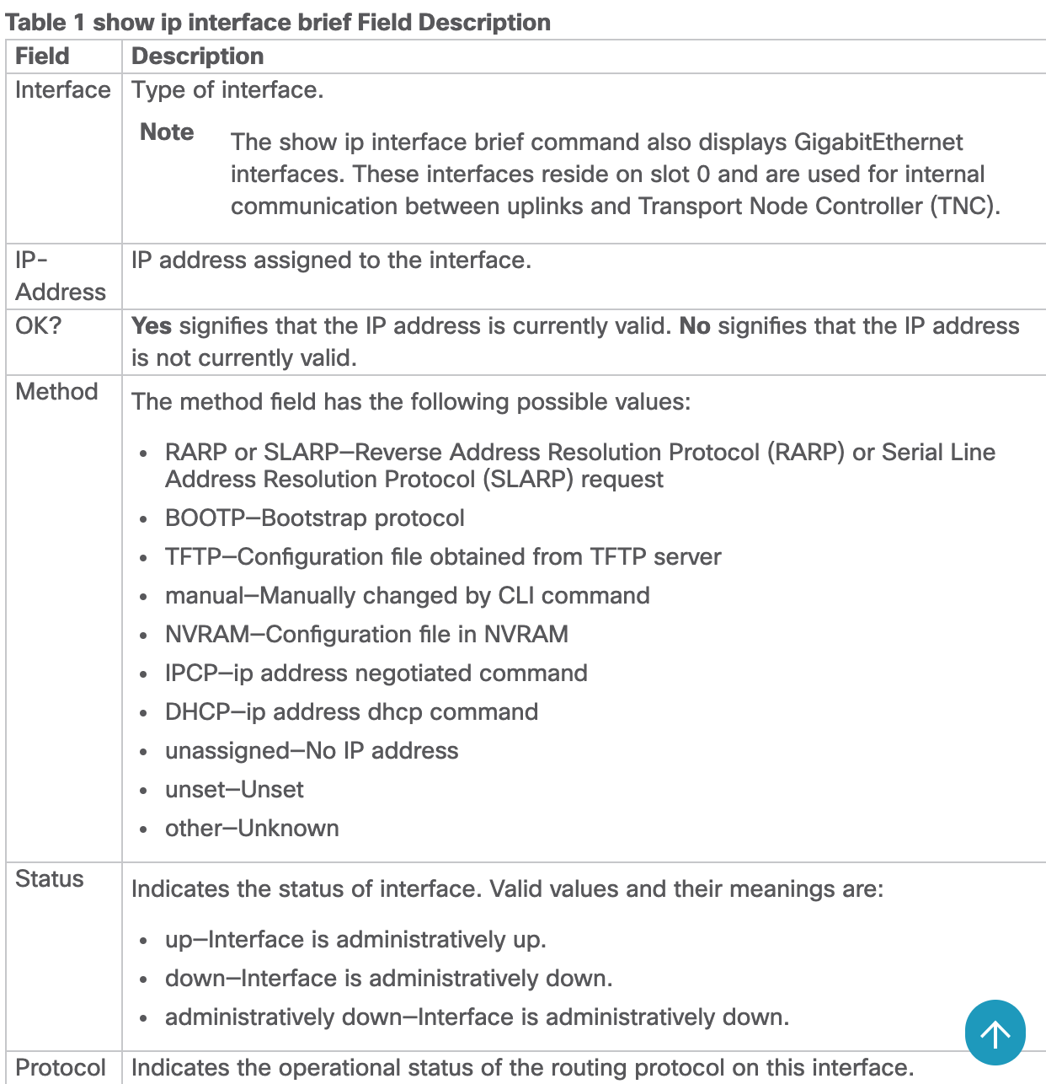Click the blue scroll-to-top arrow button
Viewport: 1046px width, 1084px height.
pyautogui.click(x=995, y=1033)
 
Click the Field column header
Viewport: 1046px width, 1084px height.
pyautogui.click(x=42, y=56)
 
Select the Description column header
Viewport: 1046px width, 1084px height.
pyautogui.click(x=197, y=56)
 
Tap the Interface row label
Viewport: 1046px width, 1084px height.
pyautogui.click(x=62, y=90)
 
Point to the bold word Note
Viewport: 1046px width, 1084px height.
pyautogui.click(x=167, y=132)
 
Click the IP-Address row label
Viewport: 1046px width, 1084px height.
pyautogui.click(x=60, y=276)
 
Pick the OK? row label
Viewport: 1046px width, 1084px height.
pyautogui.click(x=39, y=326)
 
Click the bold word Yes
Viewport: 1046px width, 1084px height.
pyautogui.click(x=152, y=326)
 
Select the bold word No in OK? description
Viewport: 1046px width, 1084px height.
pyautogui.click(x=695, y=326)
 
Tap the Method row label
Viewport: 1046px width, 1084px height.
pyautogui.click(x=56, y=392)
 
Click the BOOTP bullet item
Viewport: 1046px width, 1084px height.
pyautogui.click(x=314, y=518)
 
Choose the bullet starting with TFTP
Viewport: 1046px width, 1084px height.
pyautogui.click(x=442, y=557)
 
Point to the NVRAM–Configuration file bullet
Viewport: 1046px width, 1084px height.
pyautogui.click(x=366, y=635)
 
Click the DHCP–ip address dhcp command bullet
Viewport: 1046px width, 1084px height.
pyautogui.click(x=351, y=712)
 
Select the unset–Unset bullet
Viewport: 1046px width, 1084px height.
pyautogui.click(x=234, y=790)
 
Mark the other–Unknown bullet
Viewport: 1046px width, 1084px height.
pyautogui.click(x=252, y=829)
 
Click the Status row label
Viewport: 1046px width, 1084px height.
pyautogui.click(x=50, y=879)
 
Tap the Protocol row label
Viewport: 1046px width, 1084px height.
pyautogui.click(x=61, y=1068)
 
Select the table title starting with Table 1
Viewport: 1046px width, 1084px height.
pyautogui.click(x=278, y=22)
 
